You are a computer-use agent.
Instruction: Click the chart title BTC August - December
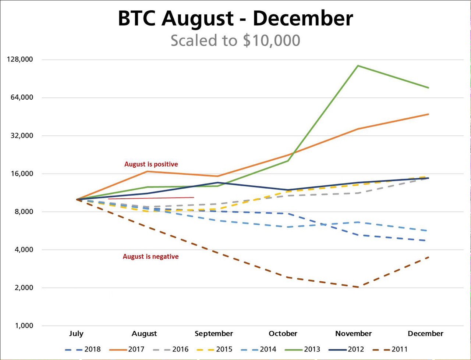pos(235,18)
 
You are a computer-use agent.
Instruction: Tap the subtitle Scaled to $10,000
pos(235,40)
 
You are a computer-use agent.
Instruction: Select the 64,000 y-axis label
pos(21,97)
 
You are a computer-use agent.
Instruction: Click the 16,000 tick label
pos(21,174)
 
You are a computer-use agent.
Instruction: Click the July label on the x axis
pos(76,334)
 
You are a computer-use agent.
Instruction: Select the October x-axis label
pos(283,334)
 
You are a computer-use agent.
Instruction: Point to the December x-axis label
pos(425,334)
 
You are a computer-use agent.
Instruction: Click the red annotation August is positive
pos(151,164)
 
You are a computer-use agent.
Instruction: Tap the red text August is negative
pos(150,256)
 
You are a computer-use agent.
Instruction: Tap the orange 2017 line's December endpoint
pos(428,114)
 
